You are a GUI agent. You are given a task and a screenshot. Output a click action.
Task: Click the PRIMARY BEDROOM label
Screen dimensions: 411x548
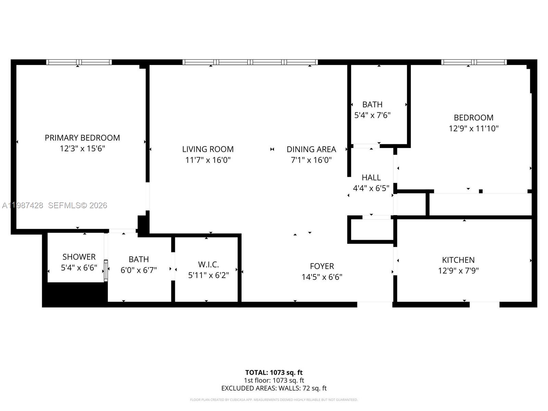(x=82, y=138)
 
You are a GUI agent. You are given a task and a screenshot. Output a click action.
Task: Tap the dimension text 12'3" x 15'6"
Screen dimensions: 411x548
(x=82, y=149)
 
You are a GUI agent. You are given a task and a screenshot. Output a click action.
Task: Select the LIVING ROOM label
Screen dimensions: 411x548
(x=208, y=149)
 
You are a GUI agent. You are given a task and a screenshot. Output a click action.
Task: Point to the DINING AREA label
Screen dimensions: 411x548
(x=311, y=149)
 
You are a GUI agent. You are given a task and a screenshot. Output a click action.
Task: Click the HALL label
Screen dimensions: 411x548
(x=371, y=177)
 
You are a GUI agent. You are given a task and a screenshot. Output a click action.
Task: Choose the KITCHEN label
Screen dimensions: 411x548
(x=458, y=260)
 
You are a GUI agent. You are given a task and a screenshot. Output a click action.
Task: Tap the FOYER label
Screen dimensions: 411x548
(x=322, y=266)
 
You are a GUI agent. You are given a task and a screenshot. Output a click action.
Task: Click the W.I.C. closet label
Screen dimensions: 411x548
(x=208, y=264)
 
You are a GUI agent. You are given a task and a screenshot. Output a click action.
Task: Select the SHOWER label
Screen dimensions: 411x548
(x=79, y=257)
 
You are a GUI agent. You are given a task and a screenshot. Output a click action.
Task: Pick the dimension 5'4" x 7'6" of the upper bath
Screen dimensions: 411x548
(x=372, y=115)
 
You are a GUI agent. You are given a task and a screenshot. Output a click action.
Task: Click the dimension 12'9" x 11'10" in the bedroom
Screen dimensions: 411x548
(x=473, y=128)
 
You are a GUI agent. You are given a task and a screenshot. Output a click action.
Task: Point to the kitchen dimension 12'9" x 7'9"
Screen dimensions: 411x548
(x=458, y=271)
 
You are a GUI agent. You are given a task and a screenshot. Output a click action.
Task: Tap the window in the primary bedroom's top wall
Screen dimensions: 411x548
(x=79, y=62)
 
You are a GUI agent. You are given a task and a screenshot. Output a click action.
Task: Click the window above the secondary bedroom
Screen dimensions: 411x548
(x=474, y=62)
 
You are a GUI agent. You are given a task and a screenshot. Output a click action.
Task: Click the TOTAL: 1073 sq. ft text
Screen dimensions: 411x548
(x=274, y=372)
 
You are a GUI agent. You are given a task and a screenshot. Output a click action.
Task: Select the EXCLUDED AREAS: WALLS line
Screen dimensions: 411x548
(x=274, y=388)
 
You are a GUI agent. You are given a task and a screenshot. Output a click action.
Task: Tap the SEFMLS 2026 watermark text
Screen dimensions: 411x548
(x=77, y=205)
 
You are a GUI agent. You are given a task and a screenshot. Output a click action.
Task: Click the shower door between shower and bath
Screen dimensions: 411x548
(x=106, y=271)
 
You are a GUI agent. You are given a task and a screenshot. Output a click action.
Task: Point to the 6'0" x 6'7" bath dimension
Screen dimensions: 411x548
(x=138, y=270)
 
